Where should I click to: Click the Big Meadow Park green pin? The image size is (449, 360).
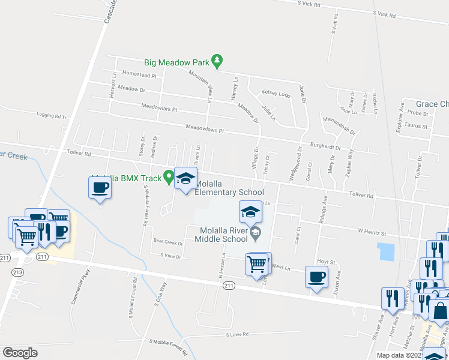pyautogui.click(x=217, y=61)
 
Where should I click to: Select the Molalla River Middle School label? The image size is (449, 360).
pyautogui.click(x=221, y=235)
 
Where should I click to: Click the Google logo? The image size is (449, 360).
pyautogui.click(x=20, y=352)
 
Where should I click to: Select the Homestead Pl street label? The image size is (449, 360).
pyautogui.click(x=139, y=76)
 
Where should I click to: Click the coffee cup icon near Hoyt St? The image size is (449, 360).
pyautogui.click(x=316, y=277)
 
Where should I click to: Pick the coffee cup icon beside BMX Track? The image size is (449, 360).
pyautogui.click(x=100, y=187)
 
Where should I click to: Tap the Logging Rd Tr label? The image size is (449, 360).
pyautogui.click(x=51, y=116)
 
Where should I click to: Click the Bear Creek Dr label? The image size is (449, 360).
pyautogui.click(x=167, y=243)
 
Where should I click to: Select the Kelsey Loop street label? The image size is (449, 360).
pyautogui.click(x=276, y=94)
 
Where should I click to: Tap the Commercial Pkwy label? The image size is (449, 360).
pyautogui.click(x=80, y=291)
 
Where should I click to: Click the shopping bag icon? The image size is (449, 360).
pyautogui.click(x=439, y=310)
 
